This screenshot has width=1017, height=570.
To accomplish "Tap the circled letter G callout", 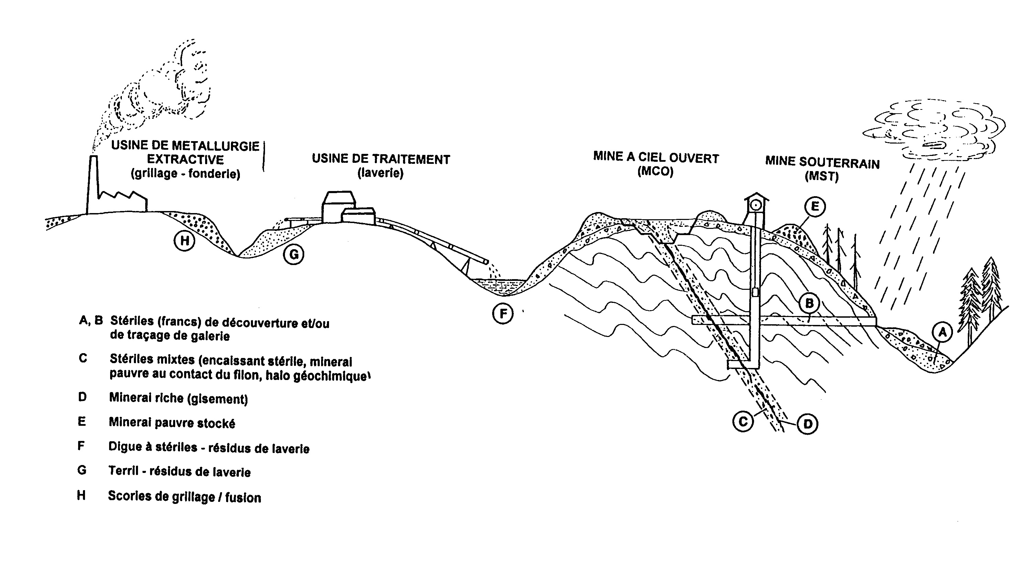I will click(294, 254).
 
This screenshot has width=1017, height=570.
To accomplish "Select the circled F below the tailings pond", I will click(503, 314).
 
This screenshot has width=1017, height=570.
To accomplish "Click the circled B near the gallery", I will click(809, 303).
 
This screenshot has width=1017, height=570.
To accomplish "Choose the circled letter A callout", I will click(942, 332).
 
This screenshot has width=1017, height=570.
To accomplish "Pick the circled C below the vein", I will click(743, 422).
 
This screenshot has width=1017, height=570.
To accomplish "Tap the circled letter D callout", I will click(807, 424).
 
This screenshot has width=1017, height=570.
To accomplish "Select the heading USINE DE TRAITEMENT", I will click(381, 159).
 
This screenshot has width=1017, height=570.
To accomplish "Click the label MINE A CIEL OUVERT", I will click(656, 158).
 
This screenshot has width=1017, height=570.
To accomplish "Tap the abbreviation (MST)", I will click(821, 176).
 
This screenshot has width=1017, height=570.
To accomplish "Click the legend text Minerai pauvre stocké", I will click(172, 423).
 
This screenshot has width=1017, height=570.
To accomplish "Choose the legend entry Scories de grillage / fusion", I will click(184, 497).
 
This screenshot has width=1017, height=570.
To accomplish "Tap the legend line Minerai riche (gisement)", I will click(179, 398).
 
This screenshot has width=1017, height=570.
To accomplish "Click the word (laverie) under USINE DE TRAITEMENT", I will click(380, 173).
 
